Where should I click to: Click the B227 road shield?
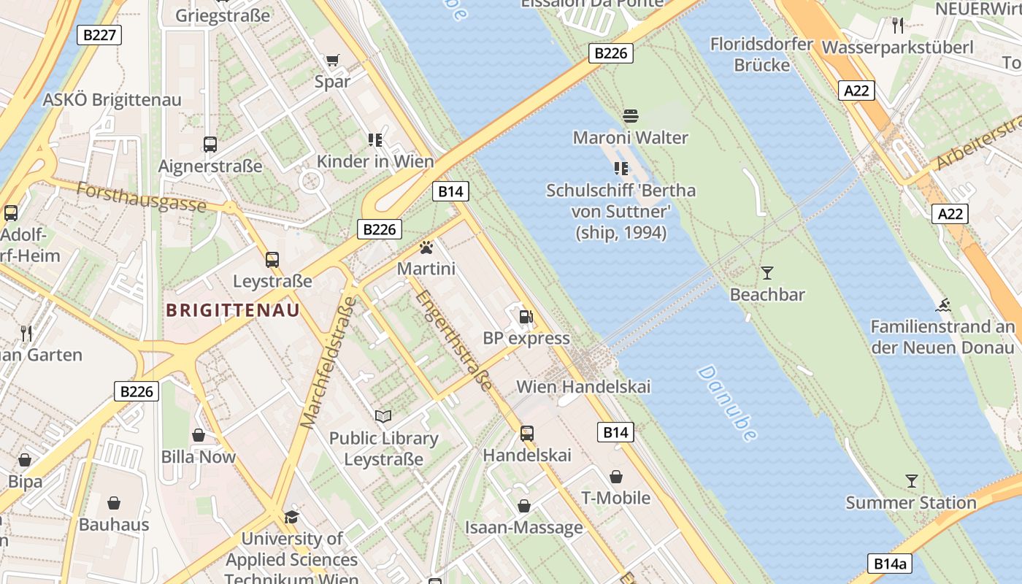point(99,35)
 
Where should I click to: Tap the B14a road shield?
point(891,564)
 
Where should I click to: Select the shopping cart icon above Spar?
point(332,60)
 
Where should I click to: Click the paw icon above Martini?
point(426,248)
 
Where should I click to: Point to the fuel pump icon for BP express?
point(526,317)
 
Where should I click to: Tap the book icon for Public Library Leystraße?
point(383,417)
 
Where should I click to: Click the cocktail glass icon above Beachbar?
point(766,273)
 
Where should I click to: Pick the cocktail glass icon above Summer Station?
point(911,481)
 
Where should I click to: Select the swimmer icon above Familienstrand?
point(943,305)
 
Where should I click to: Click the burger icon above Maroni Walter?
point(631,116)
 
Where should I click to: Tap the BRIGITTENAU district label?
point(232,310)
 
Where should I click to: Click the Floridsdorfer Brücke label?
point(761,55)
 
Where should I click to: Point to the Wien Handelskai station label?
point(583,386)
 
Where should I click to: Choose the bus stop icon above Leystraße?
point(272,259)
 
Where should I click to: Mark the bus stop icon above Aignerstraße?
point(210,145)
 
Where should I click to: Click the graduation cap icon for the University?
point(292,517)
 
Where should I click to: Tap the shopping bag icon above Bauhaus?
point(114,503)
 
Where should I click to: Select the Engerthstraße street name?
point(453,339)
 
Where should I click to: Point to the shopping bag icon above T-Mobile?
point(616,477)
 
